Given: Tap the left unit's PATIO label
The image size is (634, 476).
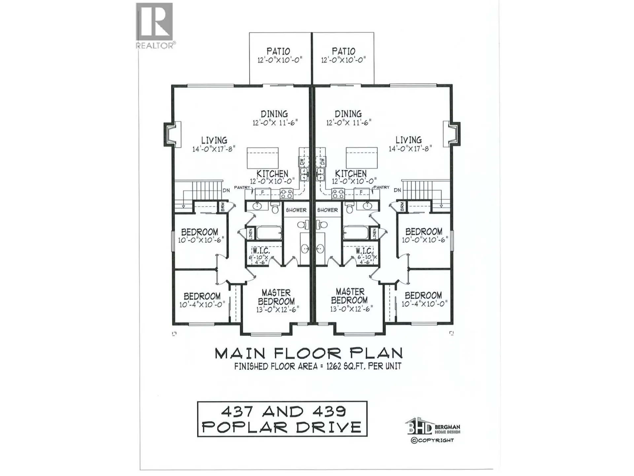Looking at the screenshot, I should [278, 51].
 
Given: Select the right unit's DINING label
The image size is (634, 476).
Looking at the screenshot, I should [348, 114].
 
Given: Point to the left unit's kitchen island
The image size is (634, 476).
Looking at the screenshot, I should [263, 158].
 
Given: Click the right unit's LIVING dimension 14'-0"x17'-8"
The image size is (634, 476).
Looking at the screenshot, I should [410, 149].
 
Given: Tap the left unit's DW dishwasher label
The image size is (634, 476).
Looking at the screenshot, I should [302, 162].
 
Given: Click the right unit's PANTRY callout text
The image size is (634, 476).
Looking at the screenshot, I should [381, 187].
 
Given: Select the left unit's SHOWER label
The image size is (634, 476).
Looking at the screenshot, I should [296, 210].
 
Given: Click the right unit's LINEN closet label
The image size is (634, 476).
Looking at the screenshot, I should [374, 234].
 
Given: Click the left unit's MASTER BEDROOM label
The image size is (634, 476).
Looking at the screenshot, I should [276, 297].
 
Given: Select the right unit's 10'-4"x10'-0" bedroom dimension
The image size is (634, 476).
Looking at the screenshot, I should [424, 304].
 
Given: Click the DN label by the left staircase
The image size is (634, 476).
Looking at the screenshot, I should [226, 190].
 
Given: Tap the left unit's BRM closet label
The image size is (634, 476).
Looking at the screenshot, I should [223, 207].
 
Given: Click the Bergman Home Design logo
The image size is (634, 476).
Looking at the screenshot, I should [432, 428].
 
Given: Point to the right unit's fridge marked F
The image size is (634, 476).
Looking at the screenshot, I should [361, 192].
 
